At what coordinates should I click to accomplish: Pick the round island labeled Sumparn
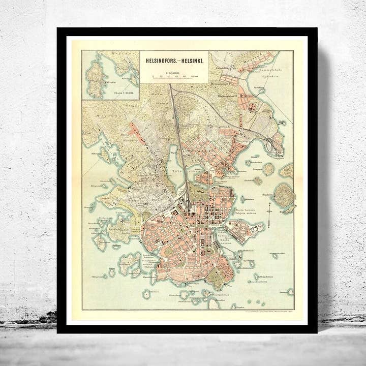point(268,169)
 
